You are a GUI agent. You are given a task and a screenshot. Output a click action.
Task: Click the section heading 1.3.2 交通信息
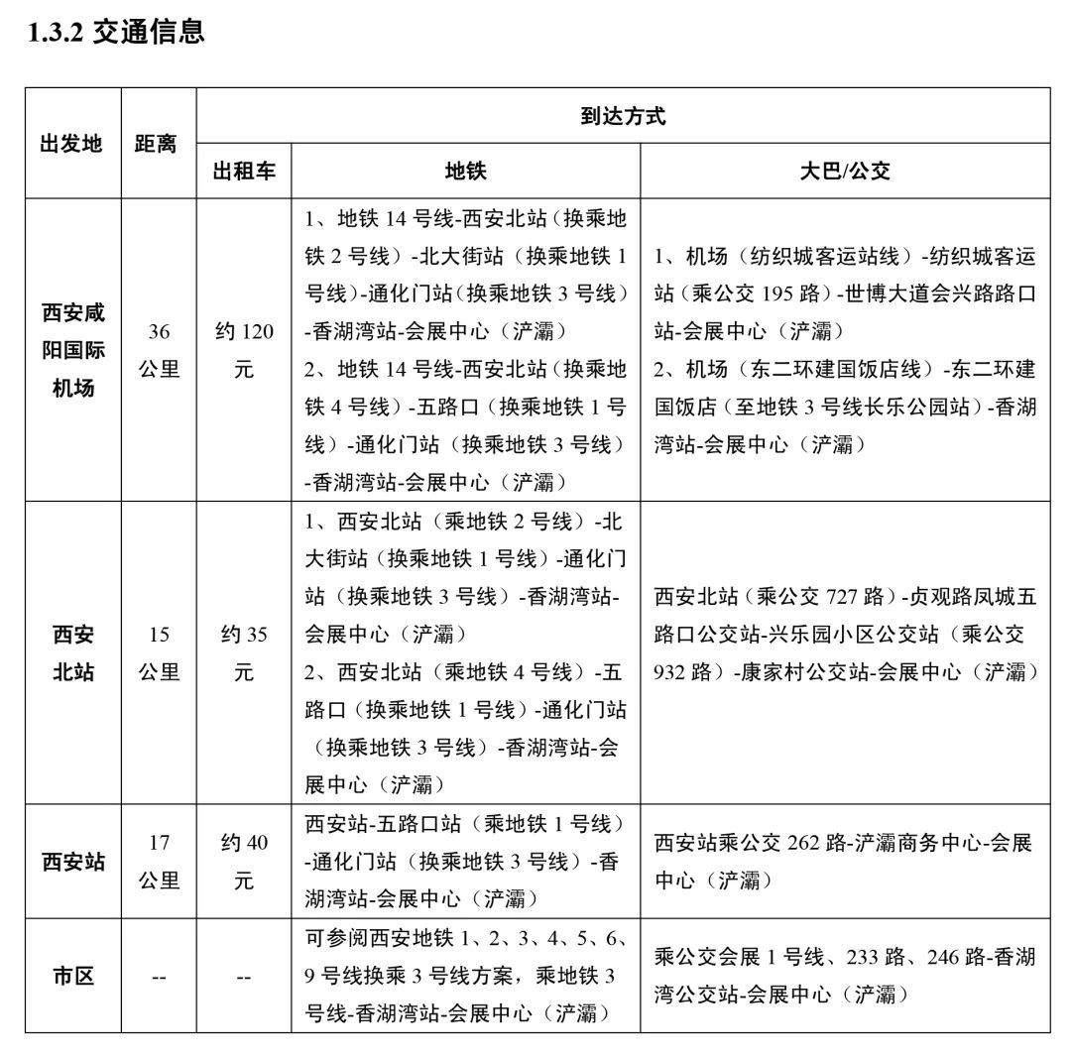[116, 32]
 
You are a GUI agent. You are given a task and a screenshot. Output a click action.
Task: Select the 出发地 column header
[71, 144]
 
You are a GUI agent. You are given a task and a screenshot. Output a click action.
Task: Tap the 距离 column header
[156, 144]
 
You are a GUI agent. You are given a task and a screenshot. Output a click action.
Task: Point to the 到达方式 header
[622, 116]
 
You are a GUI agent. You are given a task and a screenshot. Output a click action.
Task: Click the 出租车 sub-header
[244, 171]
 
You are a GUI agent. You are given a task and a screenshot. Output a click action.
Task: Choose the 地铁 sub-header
[465, 171]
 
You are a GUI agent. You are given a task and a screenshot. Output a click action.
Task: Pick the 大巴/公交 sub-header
[845, 171]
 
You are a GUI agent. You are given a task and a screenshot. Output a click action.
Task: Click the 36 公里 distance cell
[159, 350]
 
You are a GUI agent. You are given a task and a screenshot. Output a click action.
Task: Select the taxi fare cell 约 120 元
[244, 350]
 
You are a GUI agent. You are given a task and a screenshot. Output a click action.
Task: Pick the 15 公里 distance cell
[159, 652]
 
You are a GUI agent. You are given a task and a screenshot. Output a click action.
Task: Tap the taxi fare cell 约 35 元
[244, 652]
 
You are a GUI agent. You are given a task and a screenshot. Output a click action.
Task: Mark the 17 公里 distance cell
[159, 861]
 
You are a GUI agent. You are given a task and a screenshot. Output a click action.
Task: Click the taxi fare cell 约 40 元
[244, 861]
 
